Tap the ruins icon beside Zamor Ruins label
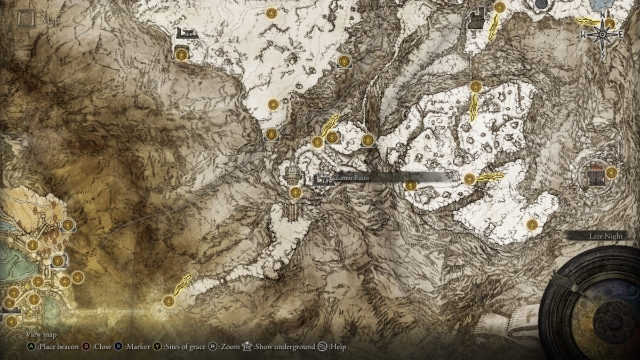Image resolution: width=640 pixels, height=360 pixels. point(321,180)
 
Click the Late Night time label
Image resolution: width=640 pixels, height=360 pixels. point(606,236)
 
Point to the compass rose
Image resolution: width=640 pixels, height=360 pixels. point(603,35)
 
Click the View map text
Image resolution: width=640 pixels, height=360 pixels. point(41,335)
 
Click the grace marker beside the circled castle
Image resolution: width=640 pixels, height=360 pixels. point(611,172)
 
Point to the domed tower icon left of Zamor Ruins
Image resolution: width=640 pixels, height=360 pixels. point(291,172)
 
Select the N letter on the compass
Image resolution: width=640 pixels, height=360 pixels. point(603,15)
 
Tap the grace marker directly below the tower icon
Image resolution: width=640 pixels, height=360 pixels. point(295,192)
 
